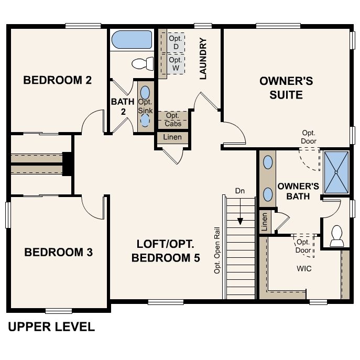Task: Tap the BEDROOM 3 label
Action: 59,252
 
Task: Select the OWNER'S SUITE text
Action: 287,88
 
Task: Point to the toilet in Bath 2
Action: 141,64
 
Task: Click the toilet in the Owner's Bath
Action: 336,235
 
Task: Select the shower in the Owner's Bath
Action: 336,172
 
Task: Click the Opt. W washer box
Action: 174,64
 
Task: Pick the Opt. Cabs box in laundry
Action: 173,119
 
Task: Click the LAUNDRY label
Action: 203,58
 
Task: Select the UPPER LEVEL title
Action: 51,327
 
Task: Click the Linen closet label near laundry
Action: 173,137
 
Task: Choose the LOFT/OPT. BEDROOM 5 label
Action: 165,250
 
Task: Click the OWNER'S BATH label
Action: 298,191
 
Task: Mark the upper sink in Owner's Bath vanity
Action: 268,161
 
